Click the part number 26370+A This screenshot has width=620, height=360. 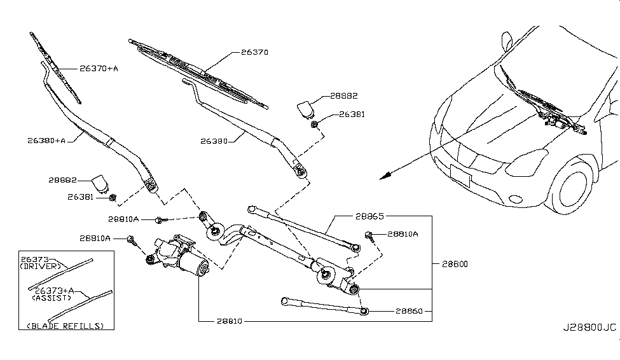tap(99, 68)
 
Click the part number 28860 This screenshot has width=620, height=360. tap(414, 312)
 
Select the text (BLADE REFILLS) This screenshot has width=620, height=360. tap(65, 325)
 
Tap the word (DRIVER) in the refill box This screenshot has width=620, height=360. tap(42, 267)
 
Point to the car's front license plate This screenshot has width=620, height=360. tap(460, 175)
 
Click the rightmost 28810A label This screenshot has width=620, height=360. tap(403, 234)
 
